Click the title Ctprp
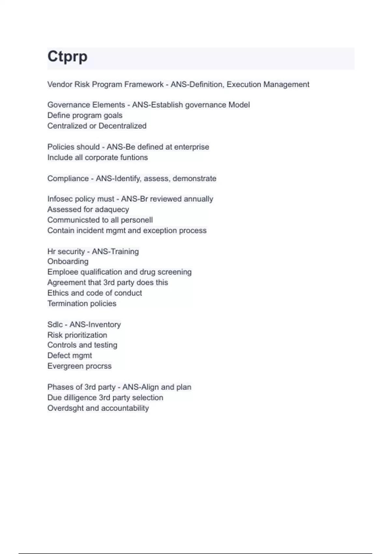click(x=67, y=56)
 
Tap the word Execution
click(x=244, y=84)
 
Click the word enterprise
click(x=192, y=147)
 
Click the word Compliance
click(x=68, y=179)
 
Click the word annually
click(x=198, y=199)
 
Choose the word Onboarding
click(x=68, y=261)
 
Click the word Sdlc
click(x=55, y=325)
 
